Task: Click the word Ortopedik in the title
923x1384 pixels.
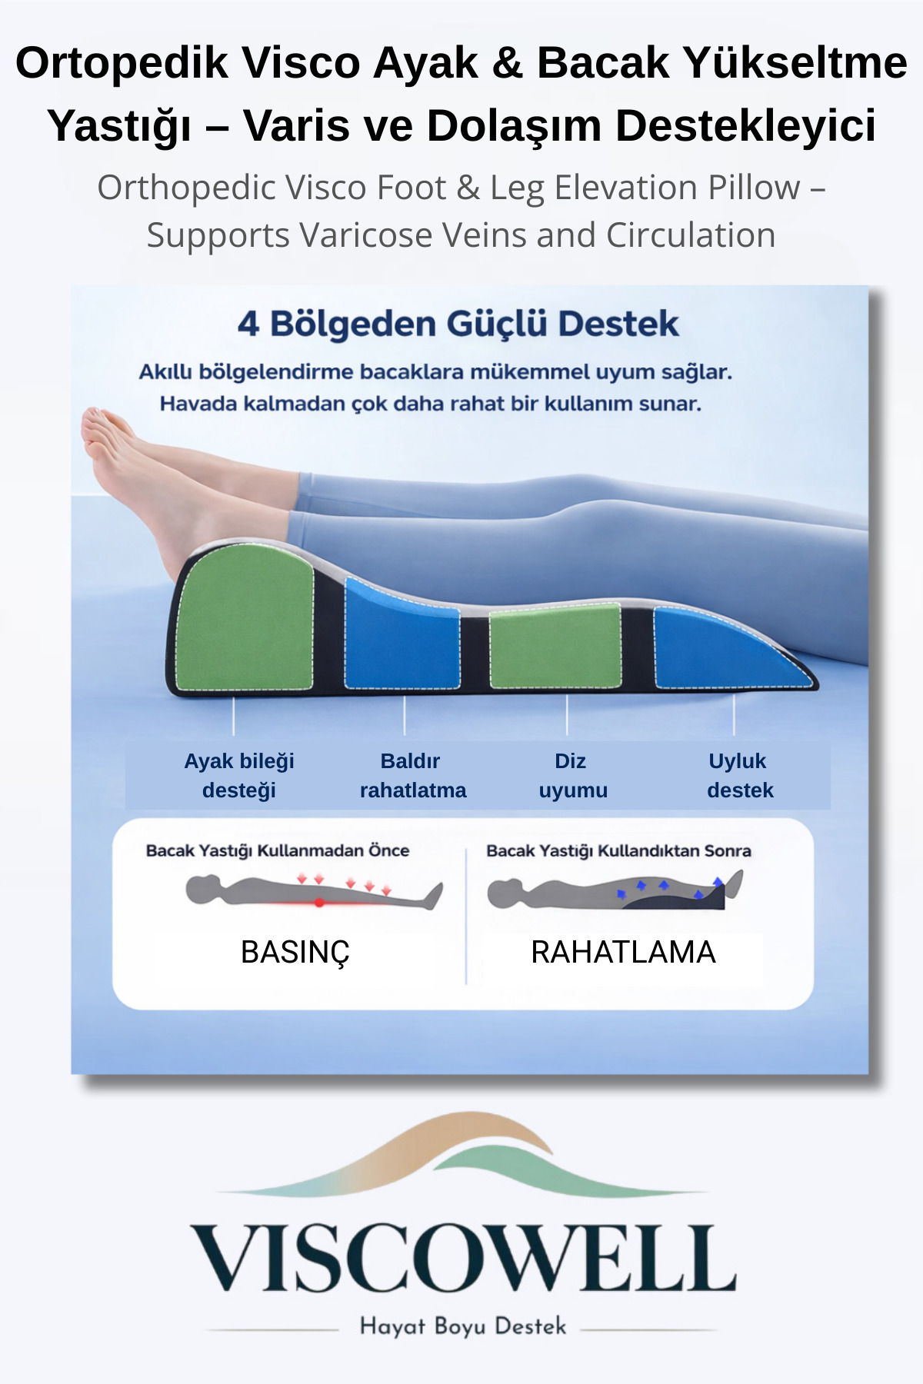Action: point(122,63)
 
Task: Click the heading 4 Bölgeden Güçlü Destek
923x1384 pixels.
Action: point(458,324)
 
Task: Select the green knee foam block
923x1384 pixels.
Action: point(555,646)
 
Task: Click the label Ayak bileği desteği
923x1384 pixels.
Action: point(239,775)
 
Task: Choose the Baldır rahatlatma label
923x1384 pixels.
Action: point(412,775)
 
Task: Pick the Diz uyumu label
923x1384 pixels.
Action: point(572,775)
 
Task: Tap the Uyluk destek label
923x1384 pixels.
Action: point(739,775)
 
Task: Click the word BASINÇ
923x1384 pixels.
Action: point(295,953)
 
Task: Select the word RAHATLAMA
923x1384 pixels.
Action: point(623,953)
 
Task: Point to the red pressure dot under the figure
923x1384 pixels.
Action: point(318,902)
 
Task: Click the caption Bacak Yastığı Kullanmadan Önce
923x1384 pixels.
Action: point(278,851)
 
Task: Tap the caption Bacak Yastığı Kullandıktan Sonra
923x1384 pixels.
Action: point(618,851)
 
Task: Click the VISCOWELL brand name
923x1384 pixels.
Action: point(462,1259)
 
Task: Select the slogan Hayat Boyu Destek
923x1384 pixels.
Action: point(462,1326)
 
